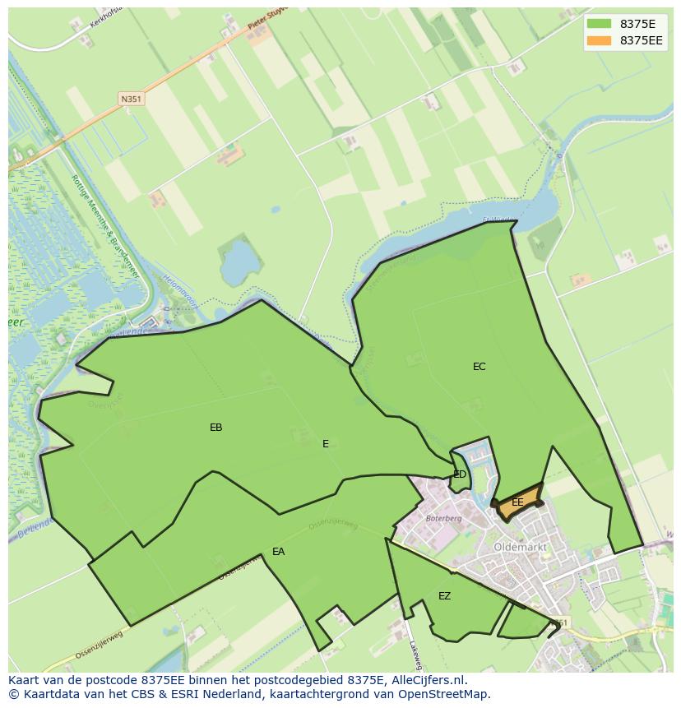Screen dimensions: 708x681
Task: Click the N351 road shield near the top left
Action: point(131,99)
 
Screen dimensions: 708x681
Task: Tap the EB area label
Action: point(215,428)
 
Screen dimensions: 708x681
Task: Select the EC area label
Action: point(479,367)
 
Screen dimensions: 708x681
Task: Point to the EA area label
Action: point(278,552)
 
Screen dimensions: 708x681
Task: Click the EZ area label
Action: point(444,596)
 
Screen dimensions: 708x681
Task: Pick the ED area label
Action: point(460,474)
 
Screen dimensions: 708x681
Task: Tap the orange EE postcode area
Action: point(518,503)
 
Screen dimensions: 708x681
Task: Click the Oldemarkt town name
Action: point(521,547)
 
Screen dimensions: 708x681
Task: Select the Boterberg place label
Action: point(445,519)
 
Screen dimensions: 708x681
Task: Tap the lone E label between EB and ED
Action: point(326,444)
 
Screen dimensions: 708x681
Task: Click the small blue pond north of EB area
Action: point(240,260)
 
